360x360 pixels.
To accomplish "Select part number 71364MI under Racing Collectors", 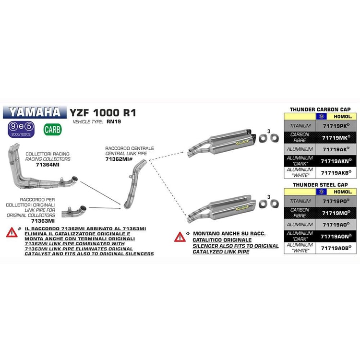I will click(48, 164).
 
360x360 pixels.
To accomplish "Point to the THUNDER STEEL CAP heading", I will click(321, 184).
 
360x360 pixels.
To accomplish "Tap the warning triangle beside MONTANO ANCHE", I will click(180, 236).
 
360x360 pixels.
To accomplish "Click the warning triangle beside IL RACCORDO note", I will click(11, 233).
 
